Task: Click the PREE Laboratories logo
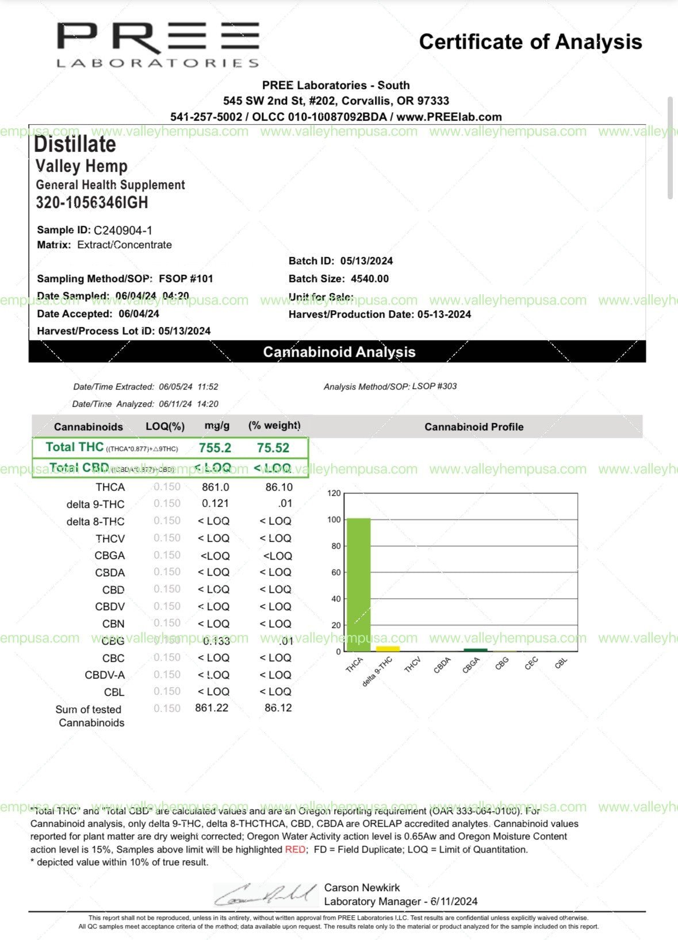[158, 45]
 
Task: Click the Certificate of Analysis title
[530, 42]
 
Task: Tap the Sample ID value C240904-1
[123, 230]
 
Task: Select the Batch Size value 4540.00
[370, 279]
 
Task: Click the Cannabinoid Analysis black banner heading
[339, 352]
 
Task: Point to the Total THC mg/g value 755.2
[215, 448]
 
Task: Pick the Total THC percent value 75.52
[273, 448]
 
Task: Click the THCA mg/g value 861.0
[216, 487]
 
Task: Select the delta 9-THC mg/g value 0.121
[216, 504]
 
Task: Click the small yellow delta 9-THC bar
[388, 649]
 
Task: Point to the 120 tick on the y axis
[334, 493]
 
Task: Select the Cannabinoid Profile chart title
[474, 427]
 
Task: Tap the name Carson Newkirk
[362, 888]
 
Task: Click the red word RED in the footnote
[295, 849]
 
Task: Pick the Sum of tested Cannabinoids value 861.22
[212, 708]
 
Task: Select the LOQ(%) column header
[165, 427]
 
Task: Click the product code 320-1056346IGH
[92, 203]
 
